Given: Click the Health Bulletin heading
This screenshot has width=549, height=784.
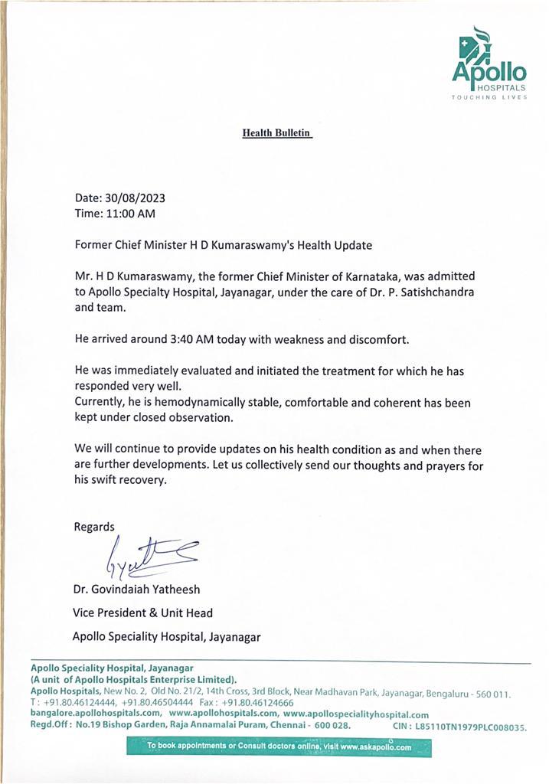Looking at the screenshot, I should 276,132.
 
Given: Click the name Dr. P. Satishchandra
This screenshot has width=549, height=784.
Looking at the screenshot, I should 432,291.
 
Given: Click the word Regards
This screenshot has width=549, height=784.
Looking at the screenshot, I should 94,526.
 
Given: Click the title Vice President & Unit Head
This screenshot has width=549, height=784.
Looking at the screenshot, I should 142,613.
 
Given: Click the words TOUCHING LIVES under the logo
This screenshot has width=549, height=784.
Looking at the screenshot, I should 489,98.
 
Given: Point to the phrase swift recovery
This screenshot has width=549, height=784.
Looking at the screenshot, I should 129,482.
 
